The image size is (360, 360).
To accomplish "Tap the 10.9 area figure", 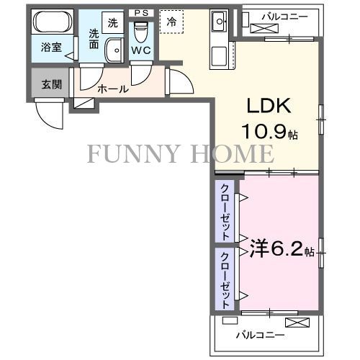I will click(x=268, y=134).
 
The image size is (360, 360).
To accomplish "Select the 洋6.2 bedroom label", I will click(x=276, y=250).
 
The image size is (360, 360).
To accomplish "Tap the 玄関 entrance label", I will click(x=51, y=84).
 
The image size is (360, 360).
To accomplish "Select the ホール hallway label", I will click(x=113, y=89).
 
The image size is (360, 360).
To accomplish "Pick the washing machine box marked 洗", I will click(x=112, y=23).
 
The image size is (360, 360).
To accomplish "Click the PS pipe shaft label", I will click(x=142, y=12).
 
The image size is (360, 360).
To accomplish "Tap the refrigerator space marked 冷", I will click(x=171, y=22).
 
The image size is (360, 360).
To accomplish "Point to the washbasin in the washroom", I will click(x=114, y=50).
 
